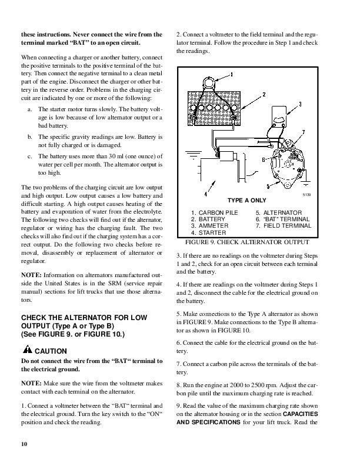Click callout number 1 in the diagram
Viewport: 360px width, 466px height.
231,74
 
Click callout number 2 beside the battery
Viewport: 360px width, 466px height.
264,94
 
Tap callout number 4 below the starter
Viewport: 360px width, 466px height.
205,193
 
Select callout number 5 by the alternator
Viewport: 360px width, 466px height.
268,186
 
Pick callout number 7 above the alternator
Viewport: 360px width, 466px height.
303,131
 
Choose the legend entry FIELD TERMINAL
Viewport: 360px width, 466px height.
286,225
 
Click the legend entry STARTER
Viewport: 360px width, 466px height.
211,232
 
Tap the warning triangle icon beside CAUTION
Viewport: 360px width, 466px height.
25,351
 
